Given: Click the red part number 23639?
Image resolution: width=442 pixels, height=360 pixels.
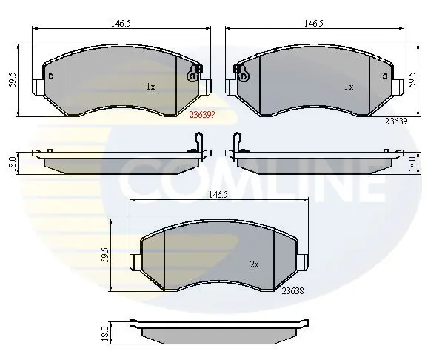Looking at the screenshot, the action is [x=202, y=115].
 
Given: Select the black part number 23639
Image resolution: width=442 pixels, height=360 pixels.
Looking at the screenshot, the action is [x=396, y=121].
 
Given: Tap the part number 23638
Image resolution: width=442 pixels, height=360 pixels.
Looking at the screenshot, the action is [x=292, y=291].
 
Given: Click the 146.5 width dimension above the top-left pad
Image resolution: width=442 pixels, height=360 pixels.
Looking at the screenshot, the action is [x=121, y=24].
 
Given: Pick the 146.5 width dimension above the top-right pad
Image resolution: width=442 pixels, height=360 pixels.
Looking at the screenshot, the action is [x=313, y=24].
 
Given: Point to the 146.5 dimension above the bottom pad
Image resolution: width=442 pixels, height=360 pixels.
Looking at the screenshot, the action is [x=218, y=195].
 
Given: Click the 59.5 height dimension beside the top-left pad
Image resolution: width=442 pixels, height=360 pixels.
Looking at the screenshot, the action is [x=13, y=80].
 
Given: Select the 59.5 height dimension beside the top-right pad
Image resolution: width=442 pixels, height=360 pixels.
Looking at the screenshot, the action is [x=412, y=79].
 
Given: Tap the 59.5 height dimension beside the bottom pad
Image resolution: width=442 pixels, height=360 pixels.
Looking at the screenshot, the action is [x=105, y=255].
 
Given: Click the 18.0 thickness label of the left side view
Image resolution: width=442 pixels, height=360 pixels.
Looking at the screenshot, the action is [x=12, y=164].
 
